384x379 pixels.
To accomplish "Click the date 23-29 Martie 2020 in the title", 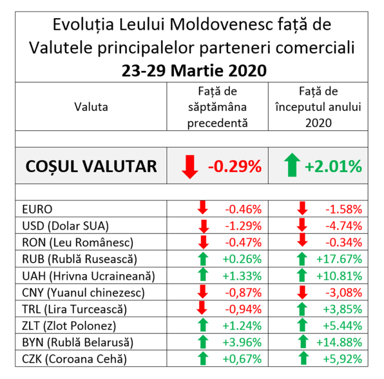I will [x=192, y=70].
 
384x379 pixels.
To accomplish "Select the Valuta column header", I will [x=91, y=107].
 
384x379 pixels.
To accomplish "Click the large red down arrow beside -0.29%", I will [x=190, y=166].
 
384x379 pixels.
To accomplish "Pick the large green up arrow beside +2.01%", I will [x=291, y=166].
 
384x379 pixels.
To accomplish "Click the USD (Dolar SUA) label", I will [x=65, y=225].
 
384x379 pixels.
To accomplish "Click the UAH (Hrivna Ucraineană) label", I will [x=89, y=275].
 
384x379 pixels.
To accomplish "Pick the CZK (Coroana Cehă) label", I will [x=74, y=359].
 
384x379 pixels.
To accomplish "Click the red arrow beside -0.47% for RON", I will [x=203, y=242].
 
